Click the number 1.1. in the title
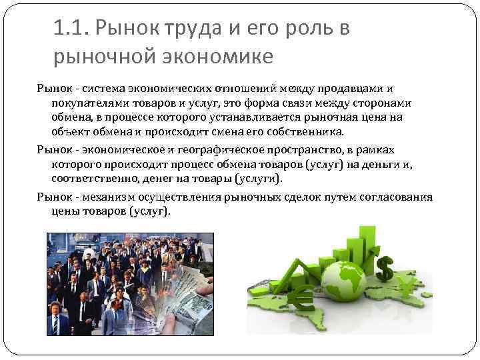(71, 29)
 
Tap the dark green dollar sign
(385, 268)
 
